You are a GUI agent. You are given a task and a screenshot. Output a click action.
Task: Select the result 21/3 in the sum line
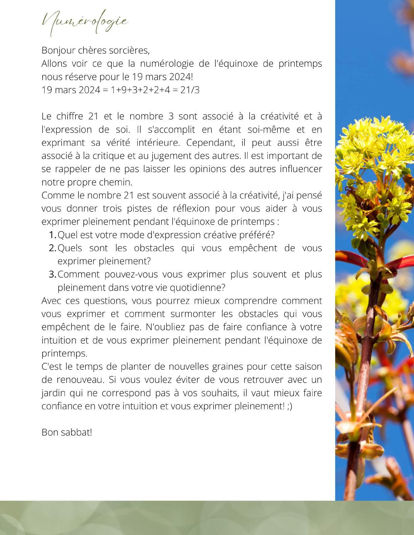click(190, 90)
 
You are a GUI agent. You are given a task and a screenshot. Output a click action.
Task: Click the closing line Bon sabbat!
click(67, 432)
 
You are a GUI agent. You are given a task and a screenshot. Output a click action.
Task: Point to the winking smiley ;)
click(289, 406)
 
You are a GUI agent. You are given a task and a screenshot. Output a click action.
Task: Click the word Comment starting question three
click(78, 274)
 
